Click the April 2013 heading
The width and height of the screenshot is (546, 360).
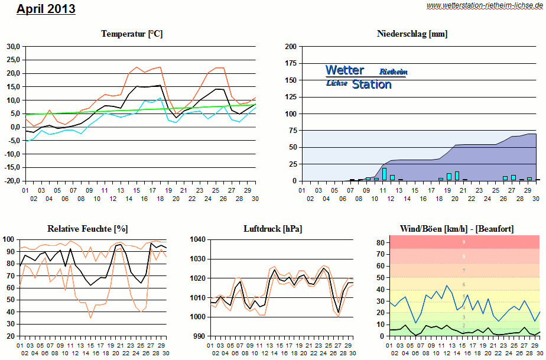pyautogui.click(x=46, y=9)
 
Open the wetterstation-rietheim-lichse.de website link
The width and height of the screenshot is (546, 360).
pyautogui.click(x=485, y=5)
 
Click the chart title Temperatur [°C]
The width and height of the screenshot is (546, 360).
pyautogui.click(x=132, y=34)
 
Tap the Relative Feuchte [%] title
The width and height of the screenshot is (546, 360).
pyautogui.click(x=87, y=228)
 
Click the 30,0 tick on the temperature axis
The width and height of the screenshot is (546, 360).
pyautogui.click(x=13, y=46)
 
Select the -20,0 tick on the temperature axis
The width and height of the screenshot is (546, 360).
pyautogui.click(x=12, y=181)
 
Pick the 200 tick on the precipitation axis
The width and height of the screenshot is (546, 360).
pyautogui.click(x=291, y=46)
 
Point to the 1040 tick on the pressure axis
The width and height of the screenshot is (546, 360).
pyautogui.click(x=197, y=239)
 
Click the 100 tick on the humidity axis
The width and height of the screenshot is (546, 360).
pyautogui.click(x=9, y=239)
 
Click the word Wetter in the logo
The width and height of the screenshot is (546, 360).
pyautogui.click(x=344, y=70)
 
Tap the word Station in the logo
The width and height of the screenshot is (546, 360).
pyautogui.click(x=372, y=85)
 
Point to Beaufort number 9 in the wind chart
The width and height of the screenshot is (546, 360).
pyautogui.click(x=463, y=242)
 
